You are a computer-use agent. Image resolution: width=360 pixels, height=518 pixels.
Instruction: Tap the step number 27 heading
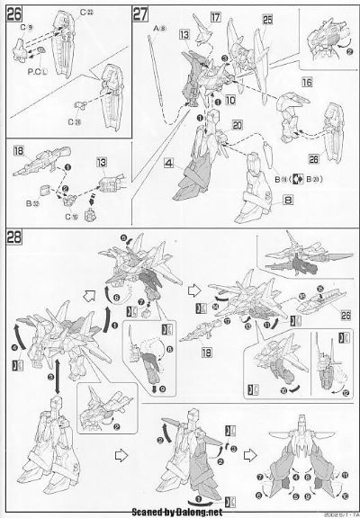click(x=141, y=14)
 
